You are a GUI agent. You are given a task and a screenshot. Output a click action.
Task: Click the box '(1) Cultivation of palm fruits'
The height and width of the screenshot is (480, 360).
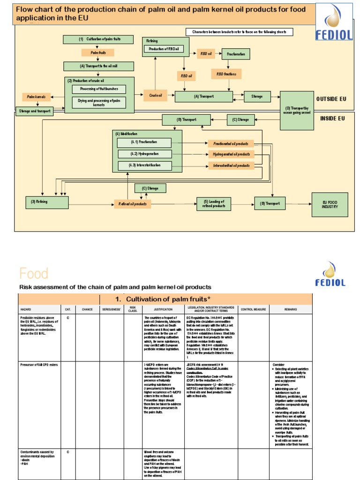tap(99, 39)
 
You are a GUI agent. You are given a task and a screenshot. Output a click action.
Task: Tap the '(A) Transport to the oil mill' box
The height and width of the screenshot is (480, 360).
tap(98, 66)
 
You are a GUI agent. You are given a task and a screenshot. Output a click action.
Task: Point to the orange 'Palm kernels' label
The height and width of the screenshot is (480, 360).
tap(36, 97)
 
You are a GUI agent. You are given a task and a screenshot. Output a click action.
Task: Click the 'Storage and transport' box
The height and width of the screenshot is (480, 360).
tap(35, 112)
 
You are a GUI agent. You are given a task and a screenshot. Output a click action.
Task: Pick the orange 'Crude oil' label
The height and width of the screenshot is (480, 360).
tap(156, 96)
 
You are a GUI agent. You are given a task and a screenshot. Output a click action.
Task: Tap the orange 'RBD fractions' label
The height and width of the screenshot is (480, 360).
tap(226, 74)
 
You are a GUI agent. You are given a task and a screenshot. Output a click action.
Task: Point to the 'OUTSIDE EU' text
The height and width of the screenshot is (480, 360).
tap(331, 99)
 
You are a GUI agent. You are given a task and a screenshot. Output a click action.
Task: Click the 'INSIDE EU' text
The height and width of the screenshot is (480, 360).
tap(332, 119)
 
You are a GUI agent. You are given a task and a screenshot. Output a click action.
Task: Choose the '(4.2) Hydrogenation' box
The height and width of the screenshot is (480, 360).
tap(144, 154)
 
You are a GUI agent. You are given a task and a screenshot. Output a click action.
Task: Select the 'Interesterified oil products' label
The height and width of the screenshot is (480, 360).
tap(231, 165)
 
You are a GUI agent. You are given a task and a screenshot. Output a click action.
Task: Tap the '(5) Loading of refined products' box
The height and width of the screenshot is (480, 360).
tap(214, 204)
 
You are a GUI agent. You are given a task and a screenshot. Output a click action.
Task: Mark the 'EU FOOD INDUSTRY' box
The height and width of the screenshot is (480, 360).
tap(330, 204)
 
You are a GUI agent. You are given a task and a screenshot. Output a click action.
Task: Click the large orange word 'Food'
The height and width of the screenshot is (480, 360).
tap(34, 273)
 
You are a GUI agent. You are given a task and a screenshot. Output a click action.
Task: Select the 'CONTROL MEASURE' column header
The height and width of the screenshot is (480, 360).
tap(253, 309)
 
